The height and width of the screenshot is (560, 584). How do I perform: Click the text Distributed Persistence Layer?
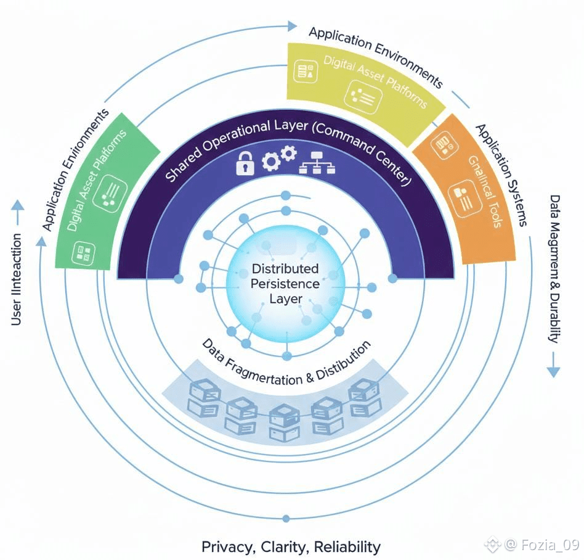coord(285,284)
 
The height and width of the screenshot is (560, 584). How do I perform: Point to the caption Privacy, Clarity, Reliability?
coord(291,546)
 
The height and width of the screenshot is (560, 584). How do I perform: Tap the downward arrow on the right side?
coord(553,369)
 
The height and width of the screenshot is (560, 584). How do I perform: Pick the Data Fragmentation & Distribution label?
coord(286,364)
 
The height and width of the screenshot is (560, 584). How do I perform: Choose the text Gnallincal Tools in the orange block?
coord(484,191)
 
